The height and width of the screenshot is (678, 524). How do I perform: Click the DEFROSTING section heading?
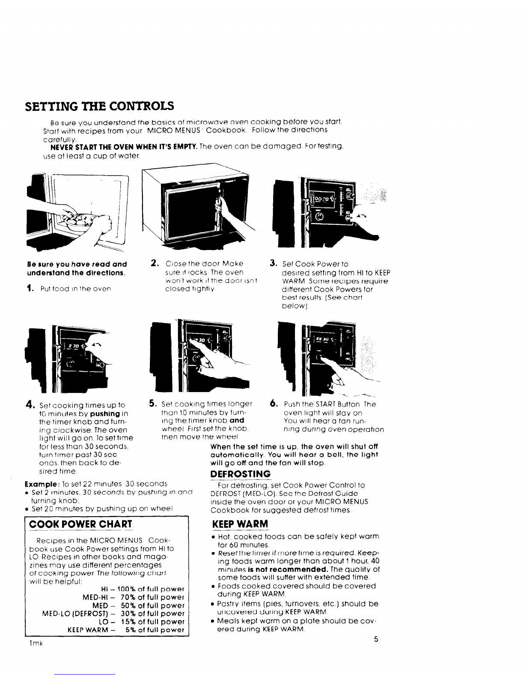[241, 474]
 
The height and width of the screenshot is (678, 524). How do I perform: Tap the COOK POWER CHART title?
[79, 524]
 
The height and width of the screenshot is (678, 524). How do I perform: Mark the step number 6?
[272, 403]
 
